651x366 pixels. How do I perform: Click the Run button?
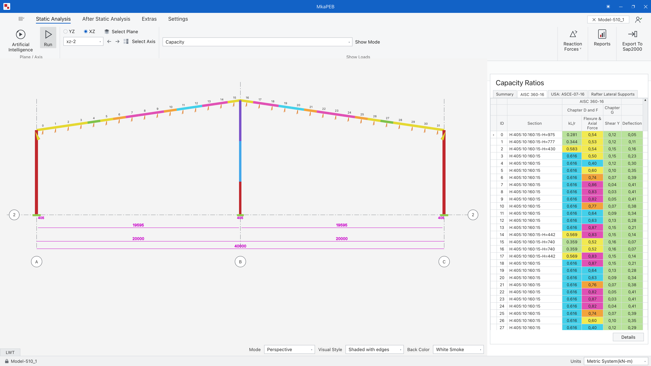(48, 38)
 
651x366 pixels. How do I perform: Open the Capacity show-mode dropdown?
(257, 42)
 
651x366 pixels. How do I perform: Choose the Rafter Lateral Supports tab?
(613, 94)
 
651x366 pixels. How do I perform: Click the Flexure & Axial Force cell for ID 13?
(592, 228)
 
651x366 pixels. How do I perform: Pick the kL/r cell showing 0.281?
(572, 135)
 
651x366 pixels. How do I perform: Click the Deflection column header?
(632, 123)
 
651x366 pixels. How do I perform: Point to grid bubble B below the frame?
(240, 262)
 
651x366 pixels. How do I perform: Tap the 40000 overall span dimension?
(240, 246)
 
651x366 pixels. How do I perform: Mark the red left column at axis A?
(36, 172)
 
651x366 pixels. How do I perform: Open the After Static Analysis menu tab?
(106, 19)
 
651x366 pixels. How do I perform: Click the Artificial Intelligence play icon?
(21, 34)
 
